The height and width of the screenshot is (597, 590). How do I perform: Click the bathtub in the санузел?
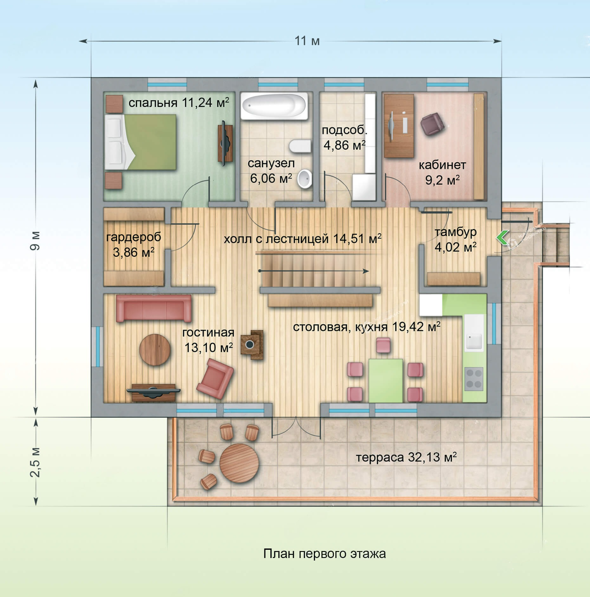(x=274, y=106)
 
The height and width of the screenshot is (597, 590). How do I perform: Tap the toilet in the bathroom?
(x=300, y=146)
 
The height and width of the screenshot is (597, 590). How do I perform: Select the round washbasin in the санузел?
(x=305, y=179)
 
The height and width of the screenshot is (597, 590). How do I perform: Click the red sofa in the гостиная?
(x=154, y=308)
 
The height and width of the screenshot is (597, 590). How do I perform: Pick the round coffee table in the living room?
(x=155, y=350)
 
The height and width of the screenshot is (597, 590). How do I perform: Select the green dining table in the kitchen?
(x=386, y=380)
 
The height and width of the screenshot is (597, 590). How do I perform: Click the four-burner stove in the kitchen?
(x=474, y=379)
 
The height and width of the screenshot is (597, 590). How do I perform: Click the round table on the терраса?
(x=239, y=463)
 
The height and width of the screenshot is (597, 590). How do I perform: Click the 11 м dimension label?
(x=307, y=41)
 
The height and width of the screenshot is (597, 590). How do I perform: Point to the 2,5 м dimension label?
(x=35, y=462)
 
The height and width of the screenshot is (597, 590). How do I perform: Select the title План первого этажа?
(x=324, y=554)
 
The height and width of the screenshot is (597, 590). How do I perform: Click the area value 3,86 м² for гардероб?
(x=133, y=252)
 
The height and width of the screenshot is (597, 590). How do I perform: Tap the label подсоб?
(x=344, y=130)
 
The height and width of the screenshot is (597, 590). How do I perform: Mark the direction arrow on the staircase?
(x=314, y=271)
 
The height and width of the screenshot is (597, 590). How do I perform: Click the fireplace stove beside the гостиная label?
(x=252, y=345)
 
